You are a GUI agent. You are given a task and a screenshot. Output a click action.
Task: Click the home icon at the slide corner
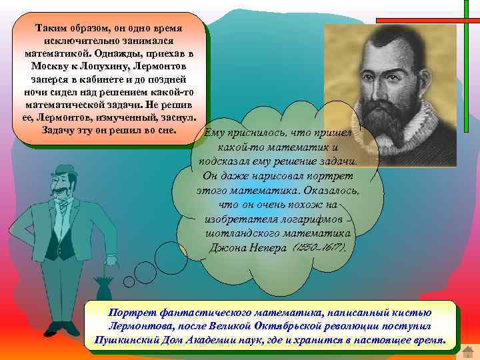click(x=469, y=349)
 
